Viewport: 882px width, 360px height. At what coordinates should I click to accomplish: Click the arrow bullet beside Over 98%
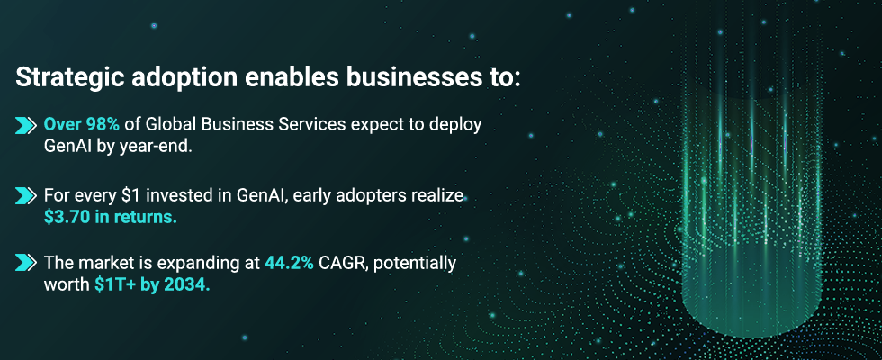point(26,126)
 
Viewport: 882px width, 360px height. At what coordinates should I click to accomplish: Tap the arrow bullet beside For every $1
point(26,196)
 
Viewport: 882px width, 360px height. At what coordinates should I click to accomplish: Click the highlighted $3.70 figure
point(67,217)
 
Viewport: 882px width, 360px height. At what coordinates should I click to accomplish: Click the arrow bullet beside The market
point(26,263)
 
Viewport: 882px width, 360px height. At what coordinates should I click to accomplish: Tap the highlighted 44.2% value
point(289,263)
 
